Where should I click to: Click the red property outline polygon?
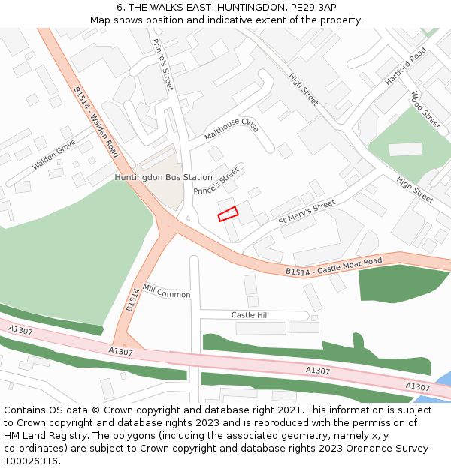[228, 214]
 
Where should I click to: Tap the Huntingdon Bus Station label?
[163, 178]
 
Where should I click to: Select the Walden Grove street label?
[54, 155]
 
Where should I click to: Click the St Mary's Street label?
[307, 212]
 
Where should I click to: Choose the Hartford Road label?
[405, 65]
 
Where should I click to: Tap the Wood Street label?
[425, 110]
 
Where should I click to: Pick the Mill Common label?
[166, 291]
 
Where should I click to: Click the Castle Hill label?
[250, 315]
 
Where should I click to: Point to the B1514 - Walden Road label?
[96, 122]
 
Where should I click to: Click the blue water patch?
[443, 380]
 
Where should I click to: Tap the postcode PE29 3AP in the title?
[310, 7]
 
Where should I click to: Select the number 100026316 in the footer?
[31, 461]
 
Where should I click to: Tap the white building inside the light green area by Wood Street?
[405, 149]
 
